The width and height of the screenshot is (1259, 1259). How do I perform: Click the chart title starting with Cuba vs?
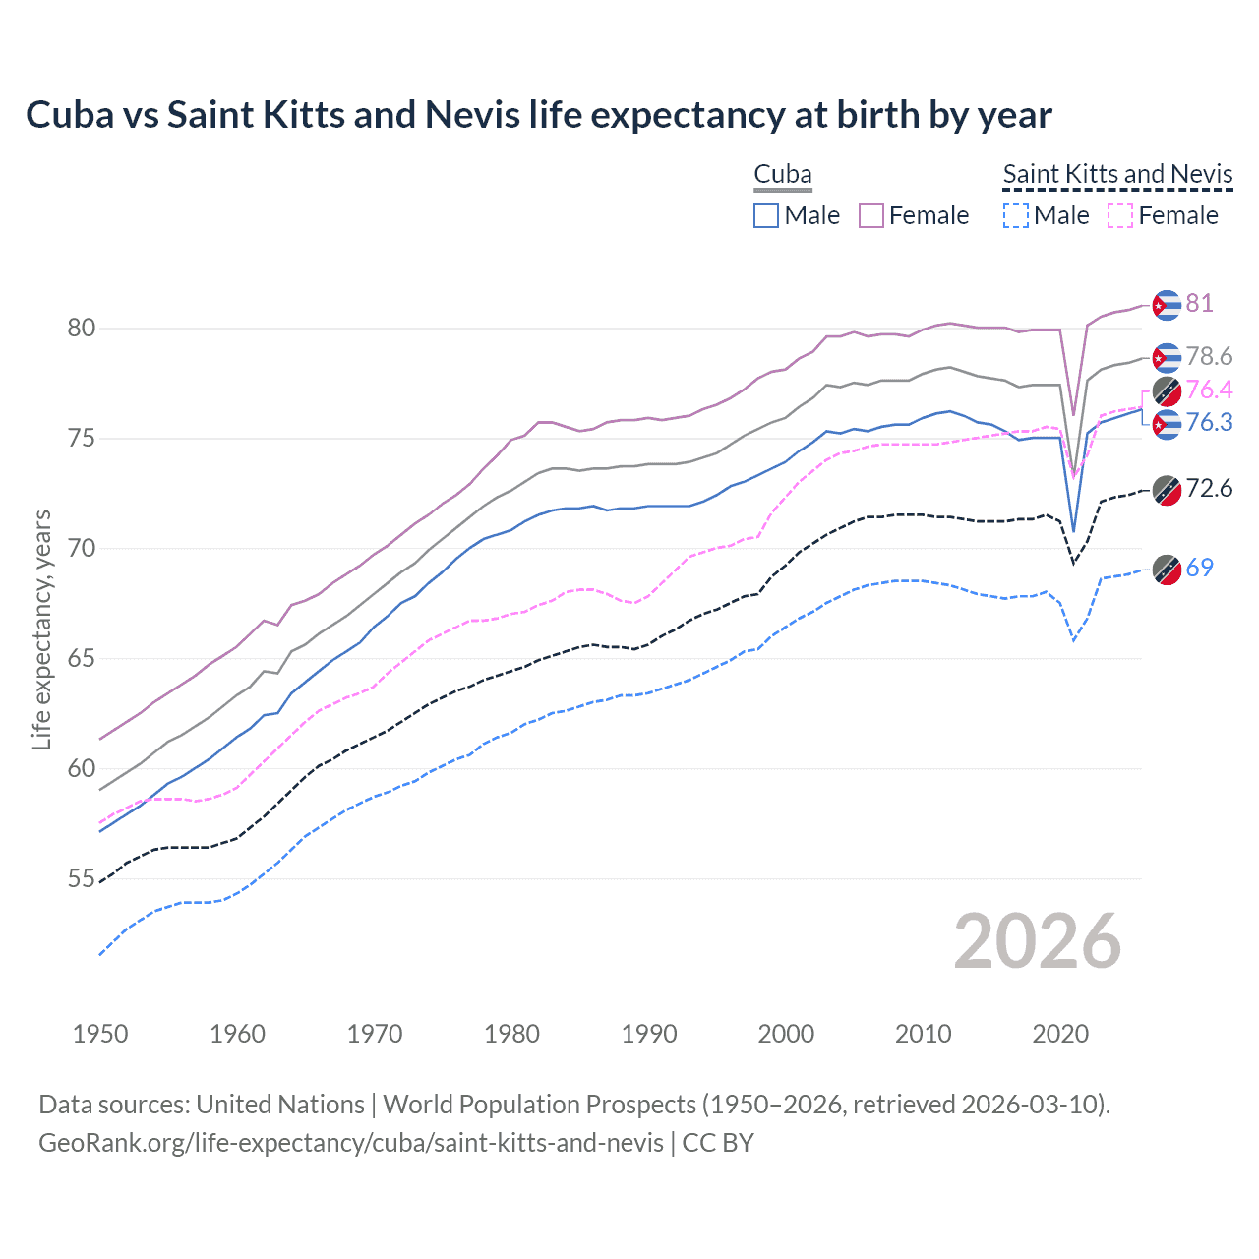[x=538, y=115]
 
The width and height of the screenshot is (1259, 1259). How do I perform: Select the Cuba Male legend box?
[x=766, y=215]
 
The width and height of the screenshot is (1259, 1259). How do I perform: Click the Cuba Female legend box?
[x=871, y=215]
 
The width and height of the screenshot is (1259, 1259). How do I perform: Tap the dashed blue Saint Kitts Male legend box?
[x=1016, y=215]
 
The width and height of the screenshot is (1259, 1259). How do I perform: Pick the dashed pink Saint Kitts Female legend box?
[x=1120, y=215]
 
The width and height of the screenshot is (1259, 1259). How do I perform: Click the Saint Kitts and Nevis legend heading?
[x=1117, y=174]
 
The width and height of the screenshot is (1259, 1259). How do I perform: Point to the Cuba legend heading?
[x=782, y=174]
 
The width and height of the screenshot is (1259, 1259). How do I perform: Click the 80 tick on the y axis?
[x=82, y=328]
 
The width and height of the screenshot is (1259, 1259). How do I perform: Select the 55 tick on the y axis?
[x=82, y=878]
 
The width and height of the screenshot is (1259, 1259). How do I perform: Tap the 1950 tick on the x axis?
[x=100, y=1034]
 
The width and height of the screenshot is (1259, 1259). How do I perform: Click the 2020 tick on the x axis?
[x=1060, y=1034]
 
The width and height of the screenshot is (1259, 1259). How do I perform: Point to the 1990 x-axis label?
[x=649, y=1034]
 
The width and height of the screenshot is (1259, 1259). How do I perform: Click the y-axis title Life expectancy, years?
[x=41, y=629]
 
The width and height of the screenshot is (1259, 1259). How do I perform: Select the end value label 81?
[x=1199, y=303]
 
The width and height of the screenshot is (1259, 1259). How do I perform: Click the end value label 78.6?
[x=1209, y=356]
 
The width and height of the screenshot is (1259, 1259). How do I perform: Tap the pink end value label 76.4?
[x=1209, y=390]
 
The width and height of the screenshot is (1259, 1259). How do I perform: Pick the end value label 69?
[x=1199, y=568]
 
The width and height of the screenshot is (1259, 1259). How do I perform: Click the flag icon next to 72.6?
[x=1167, y=489]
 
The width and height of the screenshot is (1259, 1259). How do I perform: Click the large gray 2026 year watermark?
[x=1037, y=941]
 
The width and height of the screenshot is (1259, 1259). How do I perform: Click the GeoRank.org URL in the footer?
[x=351, y=1143]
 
